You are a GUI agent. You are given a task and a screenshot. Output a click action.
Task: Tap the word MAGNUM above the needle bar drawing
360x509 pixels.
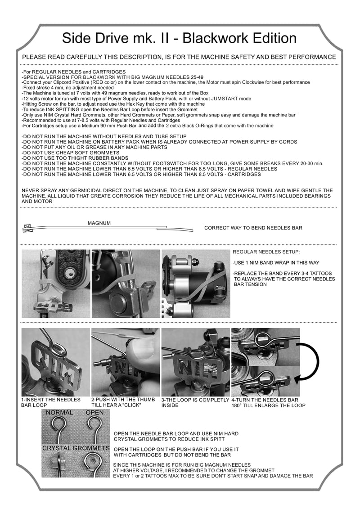[x=99, y=223]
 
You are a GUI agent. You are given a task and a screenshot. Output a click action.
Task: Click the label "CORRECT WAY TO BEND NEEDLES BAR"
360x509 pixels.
[x=253, y=228]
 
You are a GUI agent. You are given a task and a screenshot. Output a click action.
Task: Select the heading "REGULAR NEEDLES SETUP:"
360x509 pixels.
[x=266, y=252]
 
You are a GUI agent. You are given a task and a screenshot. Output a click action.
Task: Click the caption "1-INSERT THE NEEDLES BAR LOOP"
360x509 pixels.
[x=51, y=402]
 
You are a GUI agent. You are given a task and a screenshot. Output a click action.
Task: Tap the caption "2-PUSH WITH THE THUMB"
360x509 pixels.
[x=123, y=400]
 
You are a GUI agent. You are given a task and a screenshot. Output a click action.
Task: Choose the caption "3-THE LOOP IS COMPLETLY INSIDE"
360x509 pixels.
[x=195, y=402]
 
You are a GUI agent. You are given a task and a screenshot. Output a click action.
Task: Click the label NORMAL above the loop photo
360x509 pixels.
[x=59, y=413]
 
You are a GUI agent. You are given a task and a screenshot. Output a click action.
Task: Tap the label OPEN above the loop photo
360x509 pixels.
[x=94, y=413]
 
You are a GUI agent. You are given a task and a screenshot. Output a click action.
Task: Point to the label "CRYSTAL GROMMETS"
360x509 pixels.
[x=76, y=448]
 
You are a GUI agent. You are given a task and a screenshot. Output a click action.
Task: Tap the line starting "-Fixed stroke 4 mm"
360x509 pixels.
[x=67, y=88]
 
